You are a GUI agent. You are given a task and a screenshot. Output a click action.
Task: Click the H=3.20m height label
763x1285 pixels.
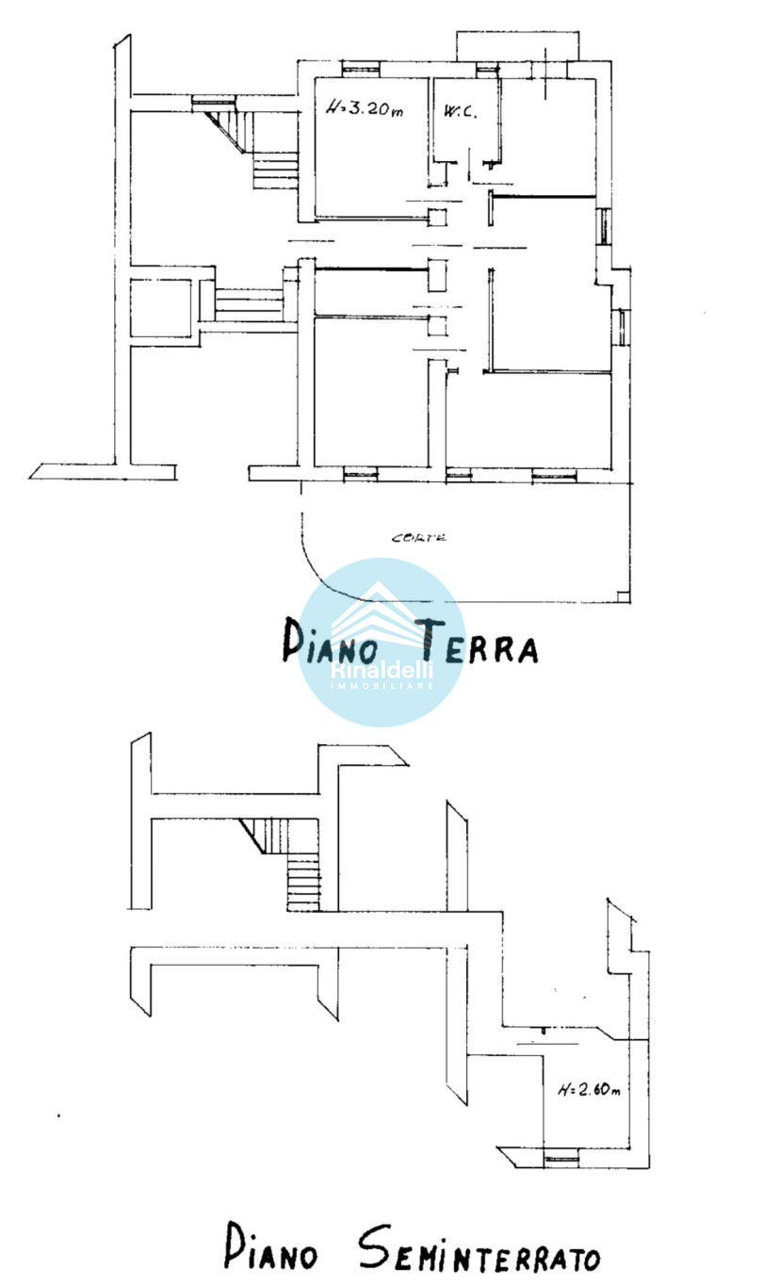[x=365, y=107]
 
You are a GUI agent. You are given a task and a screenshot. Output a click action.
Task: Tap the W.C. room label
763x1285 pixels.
[x=460, y=112]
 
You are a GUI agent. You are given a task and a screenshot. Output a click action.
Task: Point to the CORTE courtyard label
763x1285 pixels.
[x=419, y=538]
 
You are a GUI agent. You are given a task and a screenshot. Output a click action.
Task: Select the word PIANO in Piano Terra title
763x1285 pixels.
[x=330, y=641]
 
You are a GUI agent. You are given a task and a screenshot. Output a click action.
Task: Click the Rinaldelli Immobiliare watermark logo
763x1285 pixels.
[x=382, y=642]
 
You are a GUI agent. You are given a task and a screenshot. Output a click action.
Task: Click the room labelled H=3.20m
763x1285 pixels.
[x=372, y=148]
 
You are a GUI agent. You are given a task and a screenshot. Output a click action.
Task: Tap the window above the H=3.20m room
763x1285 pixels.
[x=361, y=69]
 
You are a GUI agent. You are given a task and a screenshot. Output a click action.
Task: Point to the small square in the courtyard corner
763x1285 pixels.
[x=623, y=596]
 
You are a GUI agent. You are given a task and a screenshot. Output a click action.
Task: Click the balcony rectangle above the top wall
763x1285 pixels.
[x=517, y=46]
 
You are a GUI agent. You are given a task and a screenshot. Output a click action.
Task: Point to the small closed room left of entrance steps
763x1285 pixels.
[x=161, y=308]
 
